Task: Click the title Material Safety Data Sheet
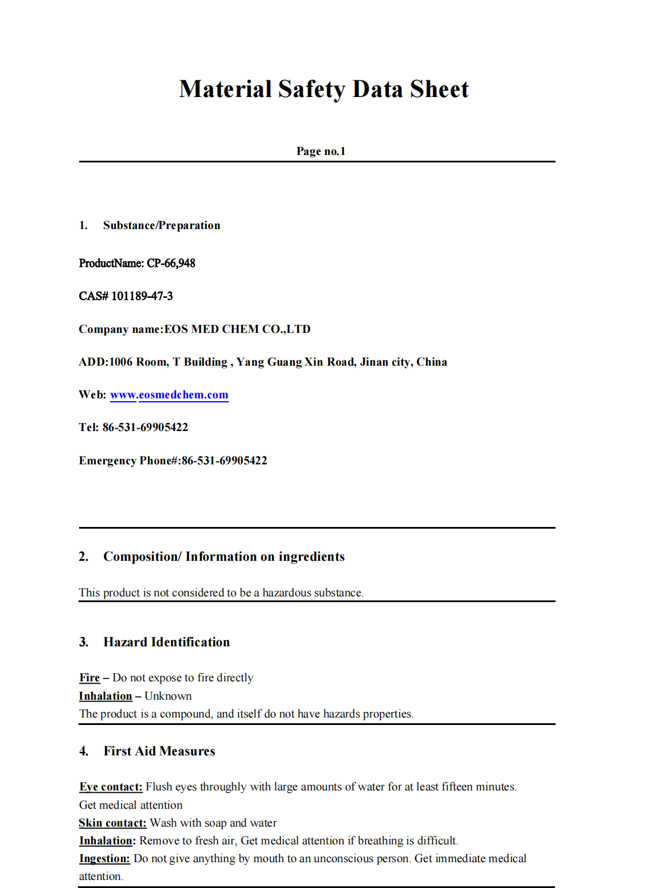coord(323,90)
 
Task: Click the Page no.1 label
coord(320,151)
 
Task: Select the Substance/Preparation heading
coord(161,226)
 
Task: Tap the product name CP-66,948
coord(171,263)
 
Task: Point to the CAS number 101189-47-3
coord(142,296)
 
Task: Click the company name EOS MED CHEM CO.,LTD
coord(237,329)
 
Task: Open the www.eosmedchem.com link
coord(169,395)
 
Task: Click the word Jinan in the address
coord(374,362)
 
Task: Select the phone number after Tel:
coord(145,428)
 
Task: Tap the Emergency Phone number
coord(224,461)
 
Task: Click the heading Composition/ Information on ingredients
coord(224,557)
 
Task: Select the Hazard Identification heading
coord(166,642)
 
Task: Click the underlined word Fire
coord(89,678)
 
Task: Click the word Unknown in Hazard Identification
coord(168,696)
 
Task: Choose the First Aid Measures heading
coord(159,751)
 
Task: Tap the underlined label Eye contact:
coord(111,787)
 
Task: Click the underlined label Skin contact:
coord(112,823)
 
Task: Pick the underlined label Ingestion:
coord(104,859)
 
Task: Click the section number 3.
coord(84,642)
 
